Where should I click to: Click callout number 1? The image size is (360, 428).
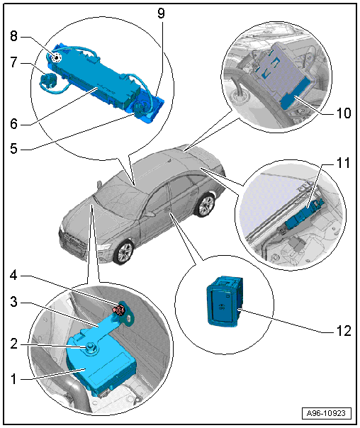13,379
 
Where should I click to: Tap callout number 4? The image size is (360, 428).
13,276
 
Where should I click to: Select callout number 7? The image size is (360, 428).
13,62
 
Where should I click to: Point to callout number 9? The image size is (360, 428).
162,13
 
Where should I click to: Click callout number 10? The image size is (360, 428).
344,113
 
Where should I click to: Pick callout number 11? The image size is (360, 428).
344,163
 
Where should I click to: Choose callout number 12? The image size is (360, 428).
344,331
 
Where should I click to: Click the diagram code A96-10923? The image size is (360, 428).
326,413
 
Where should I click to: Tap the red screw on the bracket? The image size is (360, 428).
118,310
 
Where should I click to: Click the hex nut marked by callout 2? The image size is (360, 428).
90,348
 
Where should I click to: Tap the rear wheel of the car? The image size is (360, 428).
206,205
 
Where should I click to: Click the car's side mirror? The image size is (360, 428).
150,214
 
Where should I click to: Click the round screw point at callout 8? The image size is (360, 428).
57,57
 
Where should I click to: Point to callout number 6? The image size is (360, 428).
13,123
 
